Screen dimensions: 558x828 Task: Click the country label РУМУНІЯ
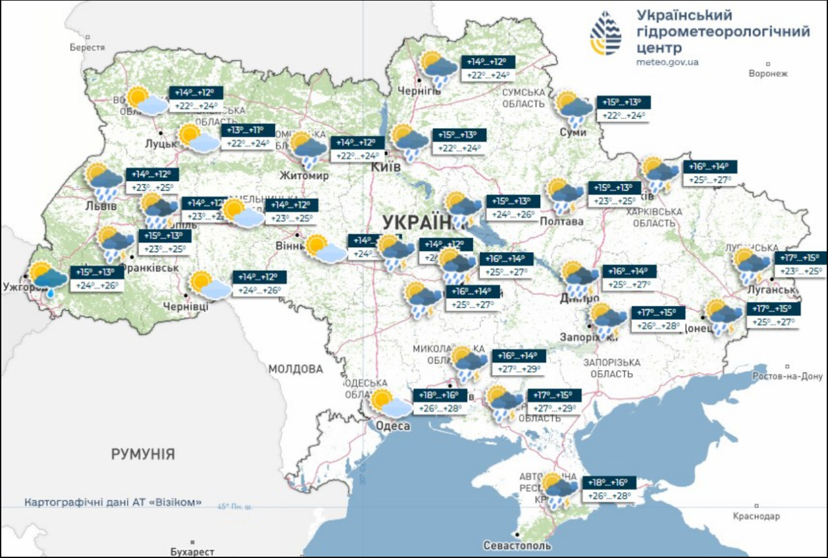click(x=142, y=454)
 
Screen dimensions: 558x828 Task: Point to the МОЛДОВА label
click(x=296, y=369)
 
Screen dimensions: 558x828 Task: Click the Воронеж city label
click(x=768, y=74)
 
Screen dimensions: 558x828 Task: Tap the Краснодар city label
click(x=756, y=516)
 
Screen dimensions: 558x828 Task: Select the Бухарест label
click(x=193, y=552)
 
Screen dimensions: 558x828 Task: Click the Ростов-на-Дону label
click(x=787, y=376)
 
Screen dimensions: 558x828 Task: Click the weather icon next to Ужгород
click(x=48, y=279)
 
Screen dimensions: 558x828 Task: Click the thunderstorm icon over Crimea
click(x=560, y=491)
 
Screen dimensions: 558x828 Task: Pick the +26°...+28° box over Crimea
click(x=609, y=497)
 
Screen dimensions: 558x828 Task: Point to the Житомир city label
click(x=304, y=175)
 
